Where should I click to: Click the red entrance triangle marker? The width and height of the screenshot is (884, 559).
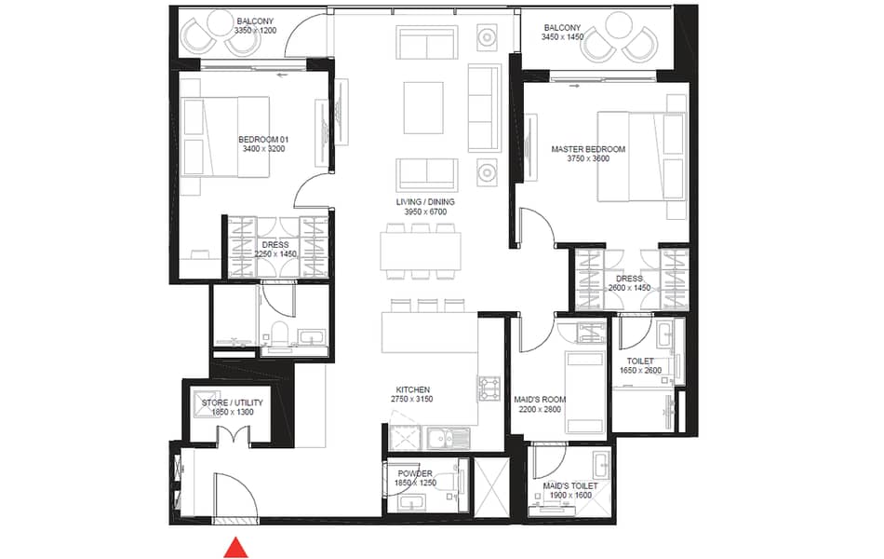point(235,548)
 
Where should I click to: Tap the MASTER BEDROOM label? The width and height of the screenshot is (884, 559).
point(588,149)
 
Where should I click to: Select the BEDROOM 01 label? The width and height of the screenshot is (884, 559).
point(263,140)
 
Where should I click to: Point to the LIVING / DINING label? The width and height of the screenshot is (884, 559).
point(425,201)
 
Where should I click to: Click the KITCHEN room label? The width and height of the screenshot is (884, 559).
point(412,389)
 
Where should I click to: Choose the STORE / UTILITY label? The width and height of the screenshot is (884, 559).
point(233,402)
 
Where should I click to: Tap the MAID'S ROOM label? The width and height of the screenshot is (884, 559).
point(540,400)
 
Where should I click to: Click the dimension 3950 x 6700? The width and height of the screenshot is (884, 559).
point(425,211)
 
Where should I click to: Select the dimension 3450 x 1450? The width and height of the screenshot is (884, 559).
point(562,37)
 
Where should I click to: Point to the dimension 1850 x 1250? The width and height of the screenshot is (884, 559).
point(415,483)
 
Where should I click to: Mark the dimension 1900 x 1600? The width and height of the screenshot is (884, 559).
point(570,496)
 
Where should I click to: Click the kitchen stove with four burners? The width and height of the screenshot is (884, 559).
point(489,389)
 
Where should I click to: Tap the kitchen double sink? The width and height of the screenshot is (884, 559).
point(449,438)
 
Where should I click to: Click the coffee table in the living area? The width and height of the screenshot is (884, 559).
point(423,108)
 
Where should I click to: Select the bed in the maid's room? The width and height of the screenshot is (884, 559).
point(584,391)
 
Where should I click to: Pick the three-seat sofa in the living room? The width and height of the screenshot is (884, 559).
point(484,108)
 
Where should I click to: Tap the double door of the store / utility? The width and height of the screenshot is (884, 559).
point(233,433)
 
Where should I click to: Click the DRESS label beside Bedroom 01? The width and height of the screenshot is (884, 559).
point(275,245)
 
